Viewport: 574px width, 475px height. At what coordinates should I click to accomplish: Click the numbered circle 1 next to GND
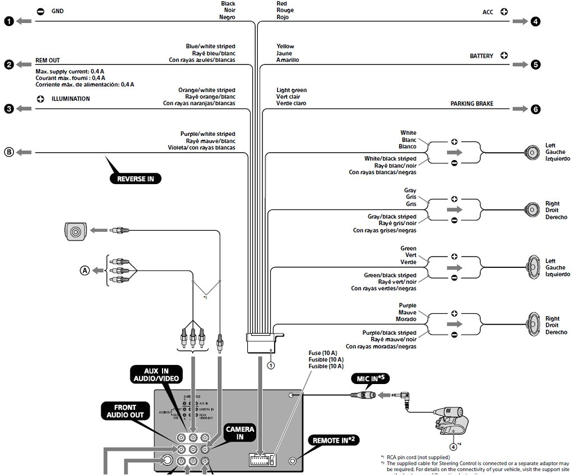pos(9,21)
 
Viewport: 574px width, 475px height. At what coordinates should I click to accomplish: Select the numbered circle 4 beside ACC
pos(536,21)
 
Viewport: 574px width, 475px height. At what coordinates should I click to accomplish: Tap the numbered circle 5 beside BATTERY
pos(536,65)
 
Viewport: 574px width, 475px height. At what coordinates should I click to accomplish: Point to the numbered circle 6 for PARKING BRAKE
pos(536,109)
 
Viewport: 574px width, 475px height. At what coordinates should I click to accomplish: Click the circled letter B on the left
pos(9,152)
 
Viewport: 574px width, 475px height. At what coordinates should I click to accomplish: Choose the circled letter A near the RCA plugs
pos(85,270)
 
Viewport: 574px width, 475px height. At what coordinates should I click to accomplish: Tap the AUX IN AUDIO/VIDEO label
pos(156,375)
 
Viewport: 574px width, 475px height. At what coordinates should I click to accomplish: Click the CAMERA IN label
pos(240,433)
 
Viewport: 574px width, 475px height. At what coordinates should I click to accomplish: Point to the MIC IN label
pos(370,378)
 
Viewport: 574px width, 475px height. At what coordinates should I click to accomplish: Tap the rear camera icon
pos(75,230)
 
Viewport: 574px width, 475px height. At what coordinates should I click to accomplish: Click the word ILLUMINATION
pos(71,99)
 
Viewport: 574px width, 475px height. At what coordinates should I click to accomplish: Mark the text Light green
pos(291,90)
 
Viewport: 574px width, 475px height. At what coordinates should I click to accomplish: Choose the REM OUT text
pos(48,60)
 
